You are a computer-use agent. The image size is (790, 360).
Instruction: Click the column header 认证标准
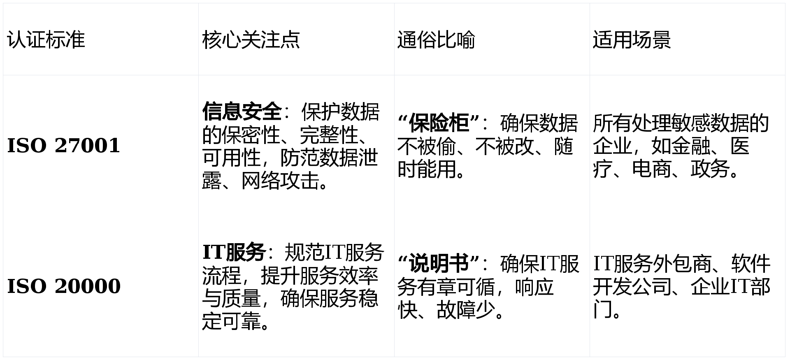coord(46,40)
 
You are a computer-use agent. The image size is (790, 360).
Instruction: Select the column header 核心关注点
coord(251,40)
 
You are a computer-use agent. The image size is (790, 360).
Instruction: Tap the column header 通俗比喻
coord(436,40)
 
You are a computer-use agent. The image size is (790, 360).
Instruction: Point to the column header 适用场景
coord(632,40)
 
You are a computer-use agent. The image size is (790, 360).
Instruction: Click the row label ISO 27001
coord(63,146)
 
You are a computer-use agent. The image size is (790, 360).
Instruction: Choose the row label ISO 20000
coord(63,286)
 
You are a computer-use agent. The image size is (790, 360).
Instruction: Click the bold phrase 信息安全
coord(242,111)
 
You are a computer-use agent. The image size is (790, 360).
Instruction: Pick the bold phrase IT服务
coord(233,252)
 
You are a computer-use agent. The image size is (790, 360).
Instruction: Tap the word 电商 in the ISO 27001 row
coord(651,169)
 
